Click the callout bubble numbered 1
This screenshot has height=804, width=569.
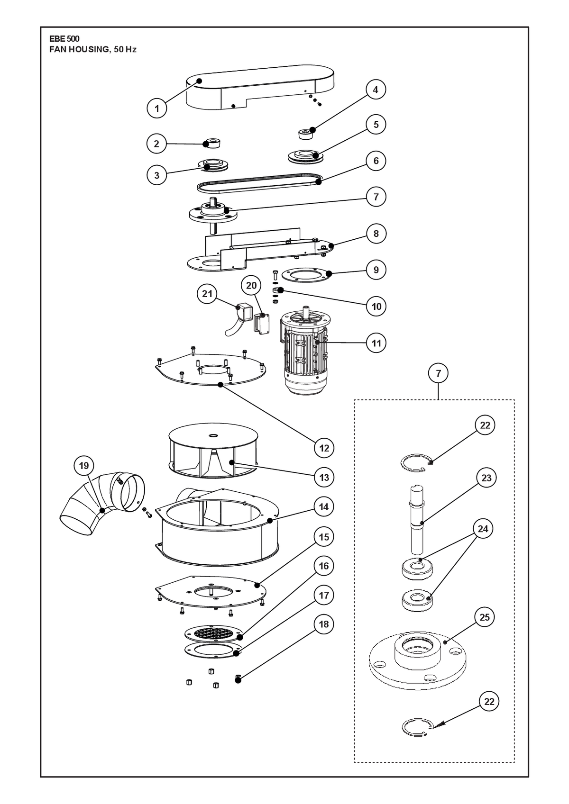pos(157,108)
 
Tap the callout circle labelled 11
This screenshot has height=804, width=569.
pos(376,343)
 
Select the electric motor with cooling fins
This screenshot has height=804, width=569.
pos(305,350)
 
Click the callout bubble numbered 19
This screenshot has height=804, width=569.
pos(84,466)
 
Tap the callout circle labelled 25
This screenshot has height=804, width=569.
pos(485,617)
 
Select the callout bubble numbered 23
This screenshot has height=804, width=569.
pos(486,478)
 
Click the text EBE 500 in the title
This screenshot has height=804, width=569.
pos(64,39)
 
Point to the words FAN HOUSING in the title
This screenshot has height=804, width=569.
pos(79,50)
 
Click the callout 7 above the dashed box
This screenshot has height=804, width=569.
pos(438,373)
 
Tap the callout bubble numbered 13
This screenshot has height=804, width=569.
pos(324,478)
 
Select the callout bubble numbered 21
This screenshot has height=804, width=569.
pos(207,294)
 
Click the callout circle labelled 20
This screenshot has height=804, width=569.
pos(251,285)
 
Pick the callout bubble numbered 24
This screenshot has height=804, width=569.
pos(483,529)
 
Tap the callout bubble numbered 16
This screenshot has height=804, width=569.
pos(324,566)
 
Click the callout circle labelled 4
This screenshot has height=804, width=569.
pos(376,90)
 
